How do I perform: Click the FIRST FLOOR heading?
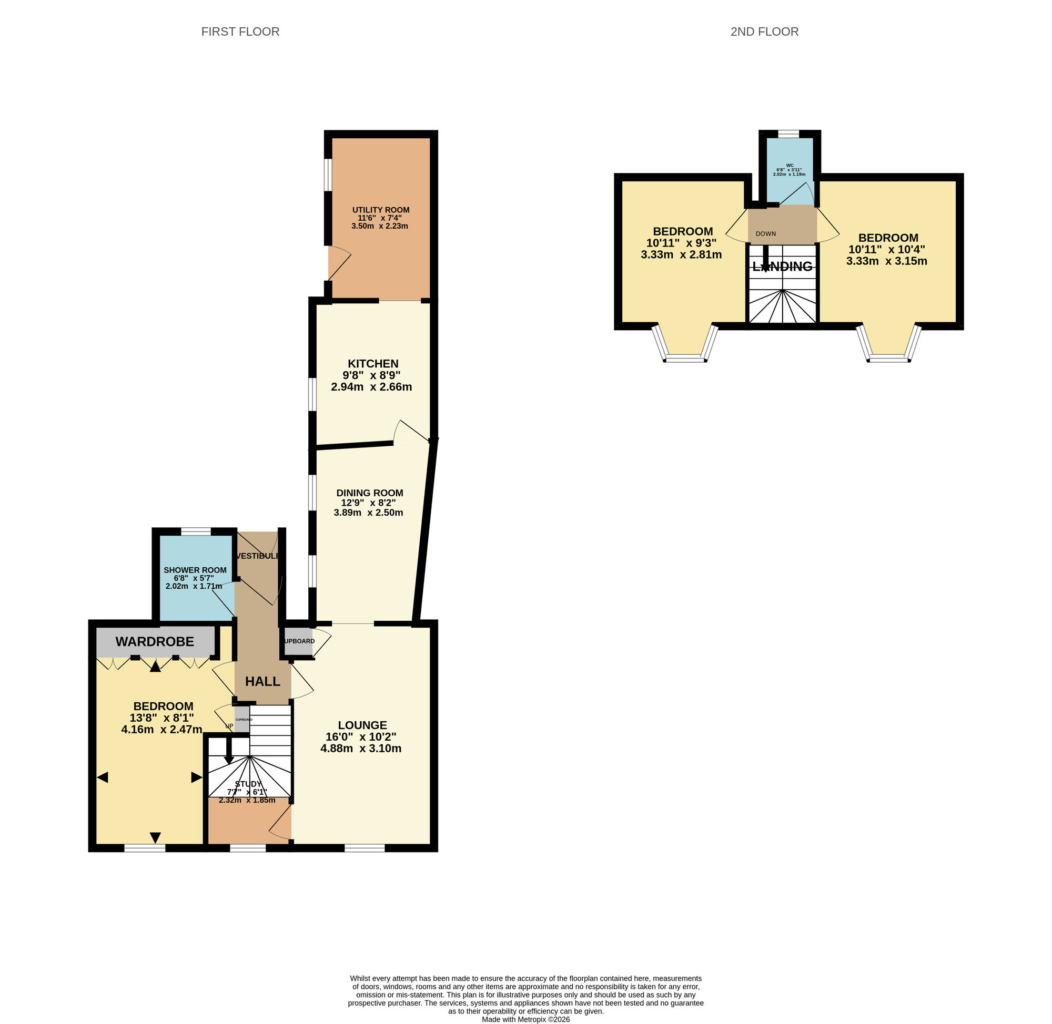pyautogui.click(x=240, y=32)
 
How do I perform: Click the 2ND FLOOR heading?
pyautogui.click(x=764, y=32)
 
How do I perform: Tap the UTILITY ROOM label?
pyautogui.click(x=380, y=210)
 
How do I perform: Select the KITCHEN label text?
pyautogui.click(x=372, y=364)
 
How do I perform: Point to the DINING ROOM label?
pyautogui.click(x=369, y=493)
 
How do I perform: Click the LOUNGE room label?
pyautogui.click(x=362, y=725)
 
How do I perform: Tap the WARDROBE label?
pyautogui.click(x=155, y=642)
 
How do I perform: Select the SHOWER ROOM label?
pyautogui.click(x=195, y=570)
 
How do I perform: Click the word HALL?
pyautogui.click(x=262, y=681)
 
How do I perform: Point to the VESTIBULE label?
pyautogui.click(x=258, y=556)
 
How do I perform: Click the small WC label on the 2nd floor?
pyautogui.click(x=790, y=165)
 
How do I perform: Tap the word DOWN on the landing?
pyautogui.click(x=766, y=234)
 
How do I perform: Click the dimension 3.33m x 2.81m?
pyautogui.click(x=681, y=255)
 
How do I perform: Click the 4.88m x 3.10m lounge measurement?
pyautogui.click(x=360, y=749)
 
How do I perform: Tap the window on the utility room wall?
pyautogui.click(x=327, y=174)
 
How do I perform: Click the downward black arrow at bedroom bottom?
pyautogui.click(x=155, y=837)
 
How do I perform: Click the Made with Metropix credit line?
pyautogui.click(x=525, y=1019)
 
